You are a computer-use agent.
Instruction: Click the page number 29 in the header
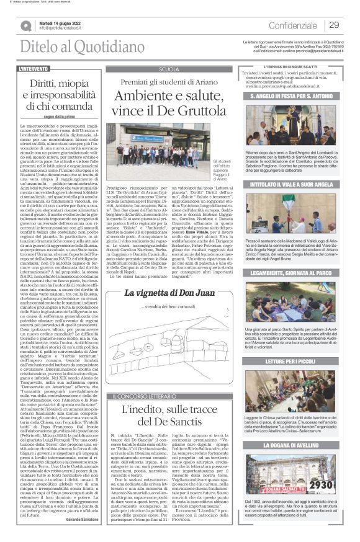[334, 25]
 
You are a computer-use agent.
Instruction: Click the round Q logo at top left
[25, 25]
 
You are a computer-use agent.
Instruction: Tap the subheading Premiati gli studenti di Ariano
[169, 82]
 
